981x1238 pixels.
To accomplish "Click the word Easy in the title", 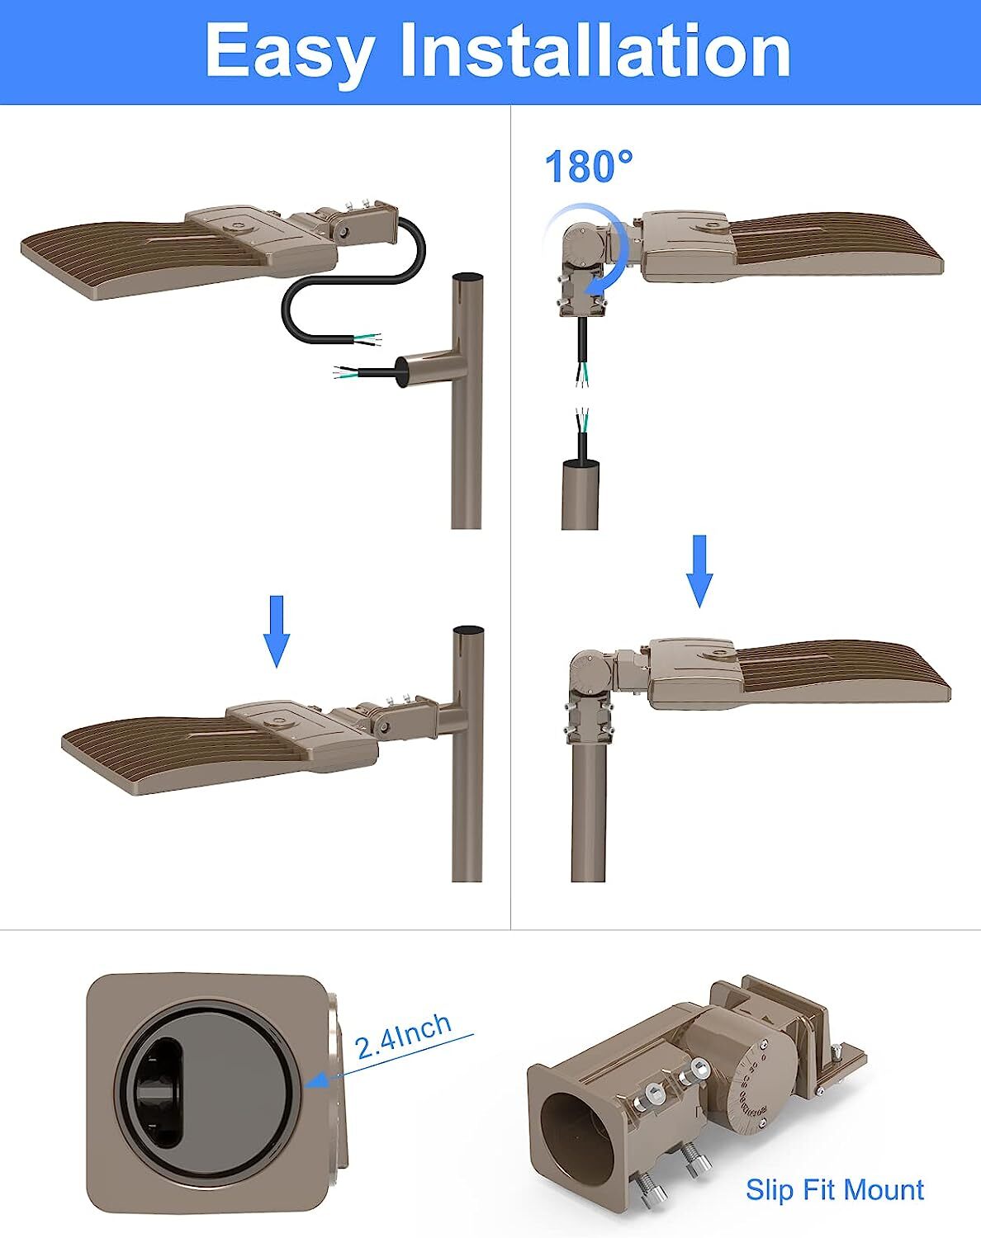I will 288,51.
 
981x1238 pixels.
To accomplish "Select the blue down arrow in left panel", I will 277,631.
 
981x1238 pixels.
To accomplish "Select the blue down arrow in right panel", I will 699,570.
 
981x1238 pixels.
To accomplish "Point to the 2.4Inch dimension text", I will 403,1036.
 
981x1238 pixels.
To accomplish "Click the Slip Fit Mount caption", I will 834,1189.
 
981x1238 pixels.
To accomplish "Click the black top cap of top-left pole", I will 468,279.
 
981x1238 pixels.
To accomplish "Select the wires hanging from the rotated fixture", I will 583,351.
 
